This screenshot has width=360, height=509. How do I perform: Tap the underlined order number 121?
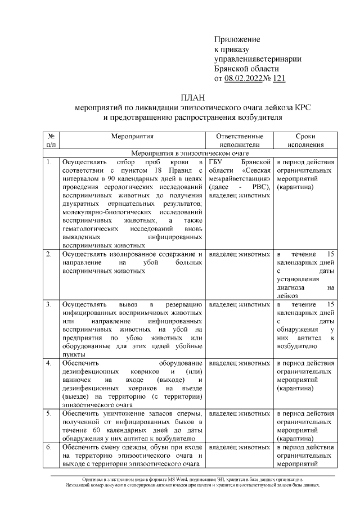[x=278, y=79]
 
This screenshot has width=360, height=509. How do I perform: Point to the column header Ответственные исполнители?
[x=240, y=141]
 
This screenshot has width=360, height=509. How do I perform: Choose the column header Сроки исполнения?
[x=305, y=141]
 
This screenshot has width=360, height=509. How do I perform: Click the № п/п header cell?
[x=51, y=141]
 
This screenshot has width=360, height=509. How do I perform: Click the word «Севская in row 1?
[x=256, y=170]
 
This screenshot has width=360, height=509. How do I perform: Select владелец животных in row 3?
[x=239, y=304]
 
